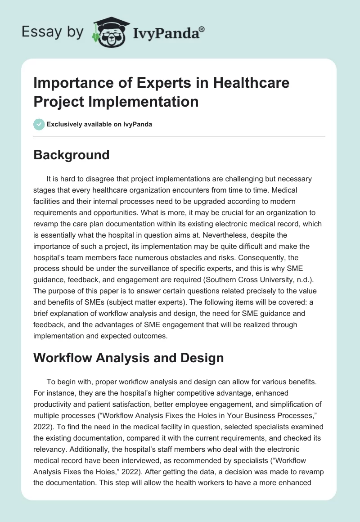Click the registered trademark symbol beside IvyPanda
[202, 29]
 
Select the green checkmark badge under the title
[39, 124]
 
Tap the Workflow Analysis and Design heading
[129, 358]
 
